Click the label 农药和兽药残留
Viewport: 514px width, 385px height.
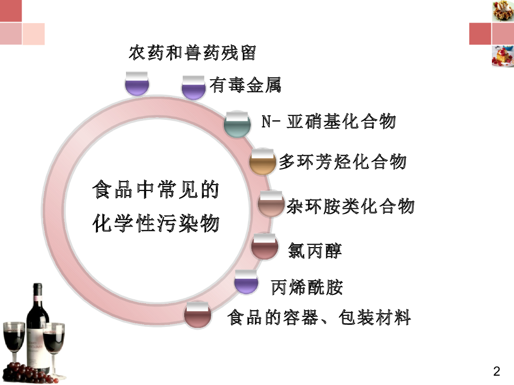coord(192,53)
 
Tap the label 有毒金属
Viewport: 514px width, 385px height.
coord(245,86)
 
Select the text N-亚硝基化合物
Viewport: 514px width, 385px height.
coord(329,122)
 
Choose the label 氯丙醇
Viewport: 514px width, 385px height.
coord(315,250)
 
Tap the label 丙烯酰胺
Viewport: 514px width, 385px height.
coord(307,287)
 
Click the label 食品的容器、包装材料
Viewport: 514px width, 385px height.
coord(319,317)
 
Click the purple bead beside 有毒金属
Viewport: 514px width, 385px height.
coord(194,88)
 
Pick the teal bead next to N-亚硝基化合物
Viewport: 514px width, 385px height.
coord(237,124)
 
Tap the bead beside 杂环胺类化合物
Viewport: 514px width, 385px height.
coord(271,204)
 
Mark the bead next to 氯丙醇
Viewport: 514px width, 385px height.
coord(264,246)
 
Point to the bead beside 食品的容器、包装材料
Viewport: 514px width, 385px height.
coord(196,315)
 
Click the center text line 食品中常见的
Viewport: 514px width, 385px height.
coord(156,192)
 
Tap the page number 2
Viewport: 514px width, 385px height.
coord(496,371)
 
